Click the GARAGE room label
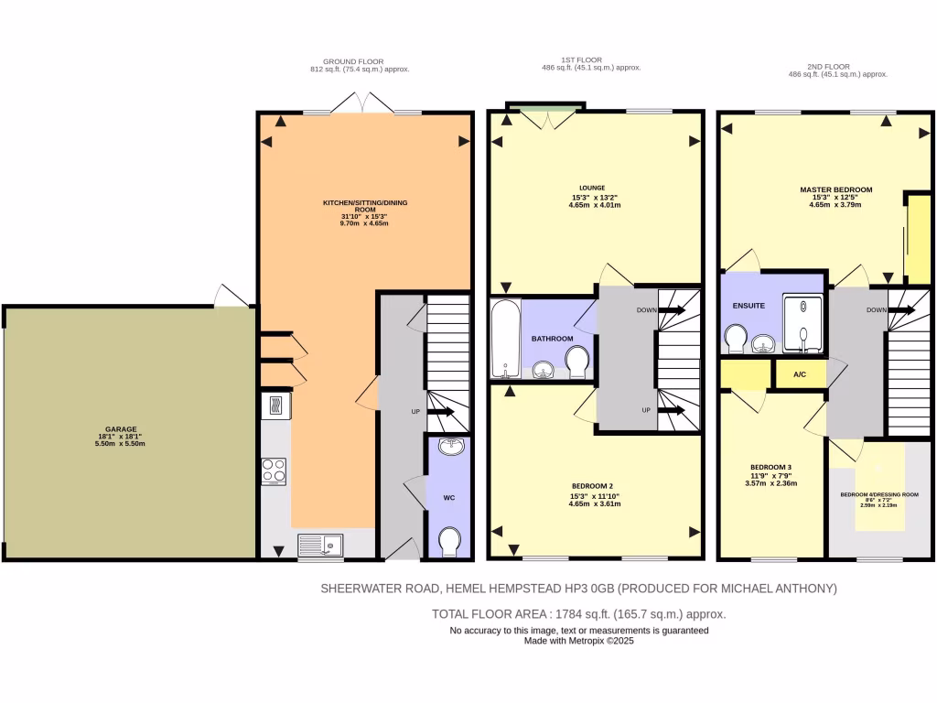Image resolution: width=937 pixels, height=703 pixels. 121,428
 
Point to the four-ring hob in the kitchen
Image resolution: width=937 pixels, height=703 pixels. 274,470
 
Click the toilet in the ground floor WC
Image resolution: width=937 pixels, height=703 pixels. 449,542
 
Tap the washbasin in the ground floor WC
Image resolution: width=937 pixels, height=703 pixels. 449,447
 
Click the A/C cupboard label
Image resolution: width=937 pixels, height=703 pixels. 799,374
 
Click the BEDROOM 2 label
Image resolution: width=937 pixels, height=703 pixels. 594,486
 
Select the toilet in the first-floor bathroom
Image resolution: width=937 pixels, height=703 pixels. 576,365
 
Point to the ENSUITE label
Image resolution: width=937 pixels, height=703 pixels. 749,305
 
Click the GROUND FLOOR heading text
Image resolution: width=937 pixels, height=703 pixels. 359,61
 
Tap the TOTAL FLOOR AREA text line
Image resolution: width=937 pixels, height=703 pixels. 578,614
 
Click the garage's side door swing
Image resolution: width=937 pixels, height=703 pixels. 230,295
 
